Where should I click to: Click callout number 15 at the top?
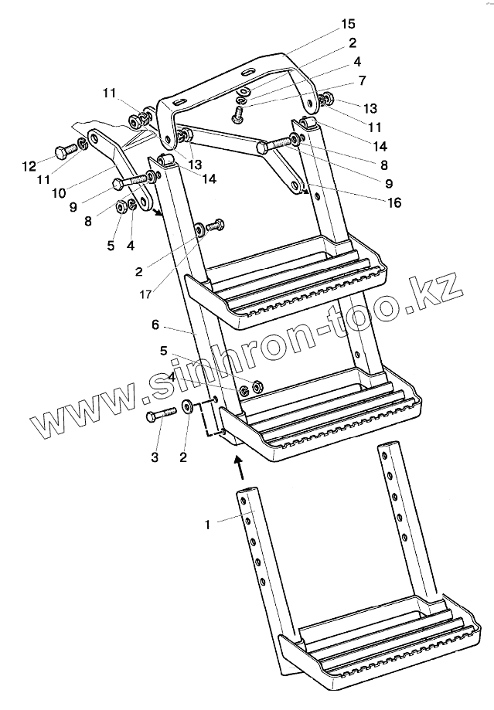349,25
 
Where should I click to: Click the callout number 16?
395,203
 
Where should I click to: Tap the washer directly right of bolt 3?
188,407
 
